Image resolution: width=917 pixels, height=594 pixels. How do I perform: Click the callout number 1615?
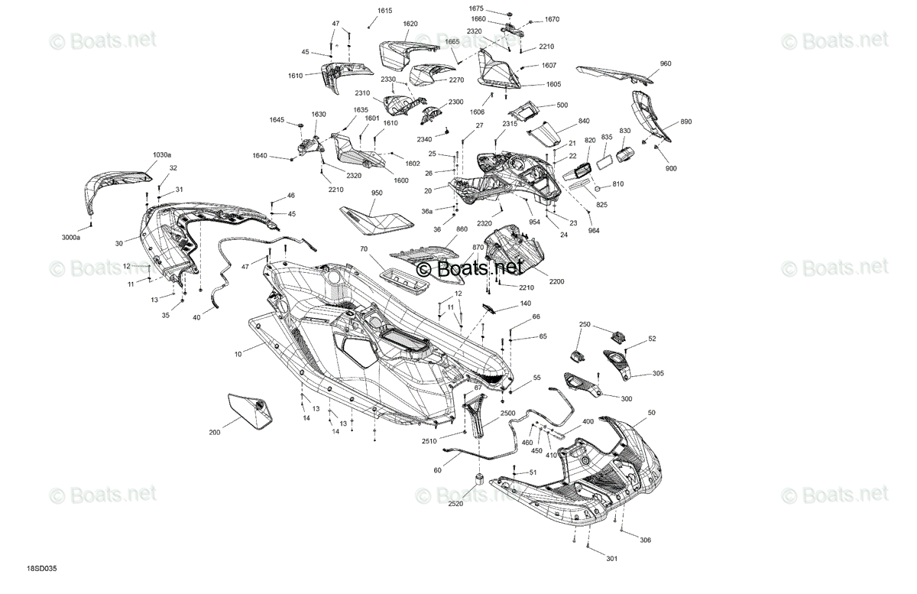tap(385, 11)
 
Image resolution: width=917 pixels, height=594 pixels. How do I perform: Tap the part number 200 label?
tap(215, 432)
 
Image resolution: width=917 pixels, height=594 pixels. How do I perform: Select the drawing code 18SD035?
tap(42, 569)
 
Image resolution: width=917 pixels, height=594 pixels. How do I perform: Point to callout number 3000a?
tap(71, 237)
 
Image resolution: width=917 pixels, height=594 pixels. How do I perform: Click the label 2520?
tap(455, 504)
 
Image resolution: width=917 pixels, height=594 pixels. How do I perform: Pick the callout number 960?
tap(666, 63)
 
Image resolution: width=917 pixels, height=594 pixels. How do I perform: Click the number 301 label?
tap(611, 558)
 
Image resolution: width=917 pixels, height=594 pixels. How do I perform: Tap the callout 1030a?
tap(162, 155)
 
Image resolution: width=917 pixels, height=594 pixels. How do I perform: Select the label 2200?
tap(557, 281)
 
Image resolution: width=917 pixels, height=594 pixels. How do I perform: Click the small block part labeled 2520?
tap(479, 479)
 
